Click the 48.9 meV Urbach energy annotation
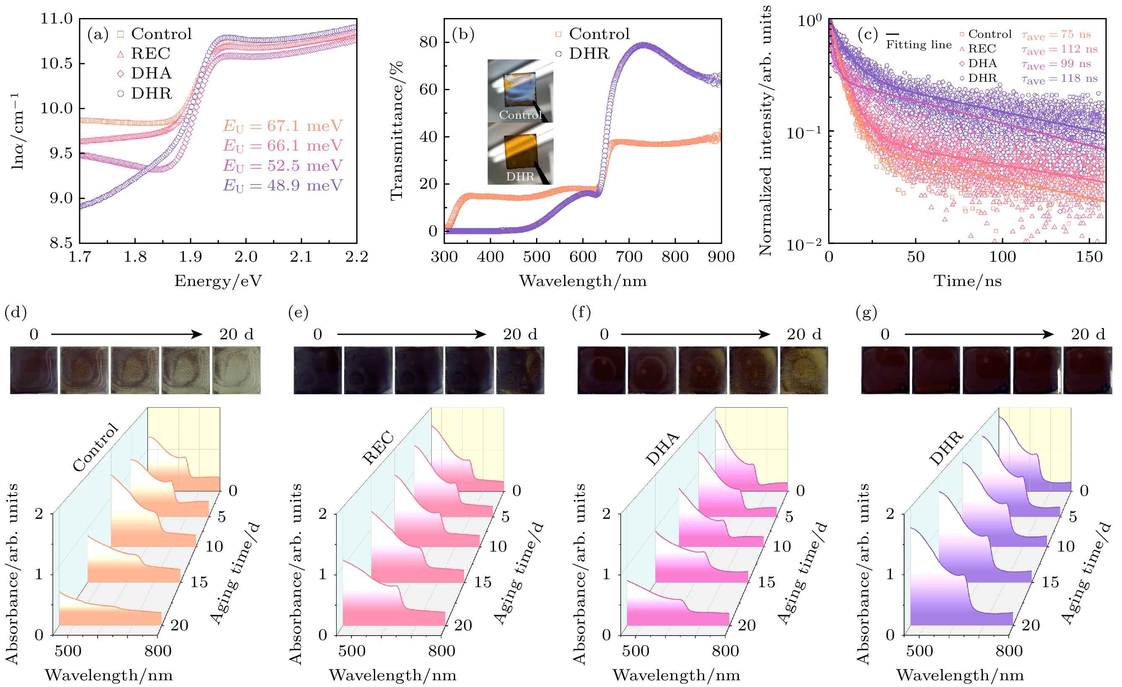(282, 185)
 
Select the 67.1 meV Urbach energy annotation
(282, 126)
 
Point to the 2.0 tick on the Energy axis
(246, 257)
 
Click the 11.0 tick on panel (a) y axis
(57, 19)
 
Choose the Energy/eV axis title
(218, 281)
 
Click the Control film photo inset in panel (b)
(520, 91)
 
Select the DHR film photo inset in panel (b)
(520, 154)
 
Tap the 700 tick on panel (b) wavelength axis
(629, 257)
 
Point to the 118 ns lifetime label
(1059, 79)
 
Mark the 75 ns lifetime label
(1056, 35)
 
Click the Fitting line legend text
(918, 44)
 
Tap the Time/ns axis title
(968, 281)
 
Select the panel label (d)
(16, 312)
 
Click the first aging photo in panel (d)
(34, 370)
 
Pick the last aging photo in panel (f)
(804, 370)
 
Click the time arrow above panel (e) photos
(412, 334)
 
